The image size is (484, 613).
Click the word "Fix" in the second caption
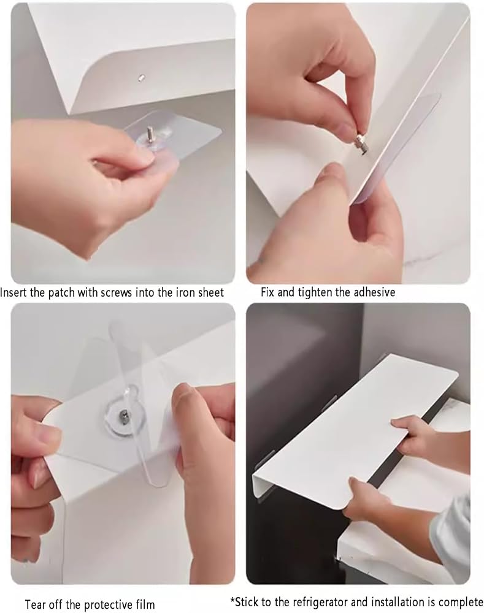[267, 292]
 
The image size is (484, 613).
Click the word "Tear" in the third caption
[35, 604]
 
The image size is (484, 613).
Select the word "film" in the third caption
[145, 604]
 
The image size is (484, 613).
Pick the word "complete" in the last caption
[463, 602]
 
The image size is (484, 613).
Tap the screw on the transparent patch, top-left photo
[149, 134]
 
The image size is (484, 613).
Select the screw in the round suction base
[123, 417]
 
